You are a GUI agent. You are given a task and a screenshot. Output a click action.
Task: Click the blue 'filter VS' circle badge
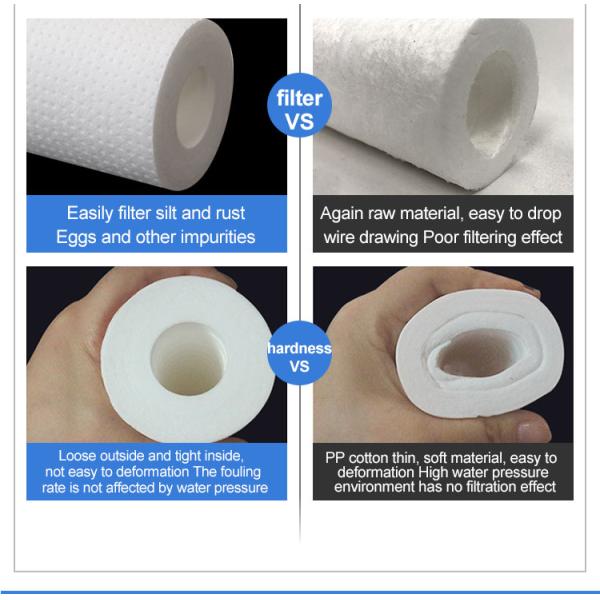(299, 105)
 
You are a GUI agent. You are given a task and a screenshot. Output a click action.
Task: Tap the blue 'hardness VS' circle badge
(299, 353)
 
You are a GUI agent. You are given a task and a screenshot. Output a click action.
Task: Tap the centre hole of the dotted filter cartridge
(194, 108)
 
